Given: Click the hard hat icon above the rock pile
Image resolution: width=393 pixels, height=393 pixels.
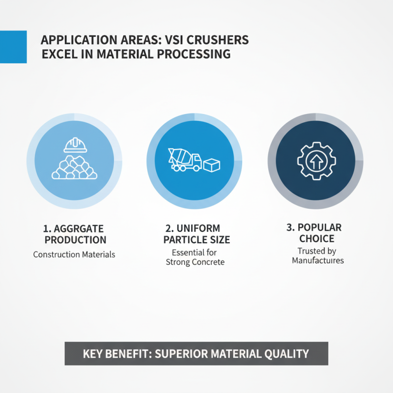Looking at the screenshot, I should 75,144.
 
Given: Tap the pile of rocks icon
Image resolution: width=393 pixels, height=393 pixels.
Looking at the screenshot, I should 75,167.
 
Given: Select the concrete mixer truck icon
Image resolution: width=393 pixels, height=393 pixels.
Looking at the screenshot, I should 185,160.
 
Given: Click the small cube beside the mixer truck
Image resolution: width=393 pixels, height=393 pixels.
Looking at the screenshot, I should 213,165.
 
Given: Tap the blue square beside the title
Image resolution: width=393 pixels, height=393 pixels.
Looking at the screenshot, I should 13,47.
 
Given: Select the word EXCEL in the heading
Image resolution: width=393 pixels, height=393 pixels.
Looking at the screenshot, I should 58,54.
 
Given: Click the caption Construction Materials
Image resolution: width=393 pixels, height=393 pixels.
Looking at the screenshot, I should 74,254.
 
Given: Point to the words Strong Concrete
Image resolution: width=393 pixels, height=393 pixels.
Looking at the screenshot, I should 195,262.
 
